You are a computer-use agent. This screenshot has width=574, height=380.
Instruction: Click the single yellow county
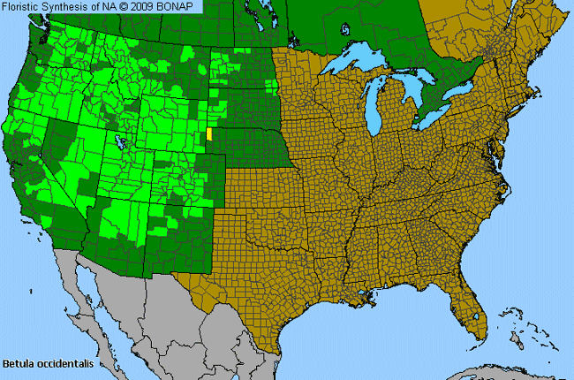pyautogui.click(x=209, y=133)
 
